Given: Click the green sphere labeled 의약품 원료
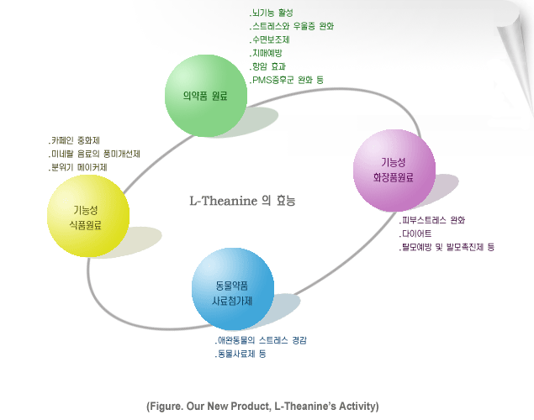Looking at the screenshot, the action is tap(206, 96).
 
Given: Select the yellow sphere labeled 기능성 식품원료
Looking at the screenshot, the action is tap(88, 216).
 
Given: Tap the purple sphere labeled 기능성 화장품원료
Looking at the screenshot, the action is tap(394, 171).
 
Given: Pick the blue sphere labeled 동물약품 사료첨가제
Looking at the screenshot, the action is tap(233, 289).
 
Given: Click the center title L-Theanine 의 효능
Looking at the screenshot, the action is tap(242, 201).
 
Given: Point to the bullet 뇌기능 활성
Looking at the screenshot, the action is tap(271, 13).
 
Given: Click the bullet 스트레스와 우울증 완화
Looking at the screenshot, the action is tap(292, 26).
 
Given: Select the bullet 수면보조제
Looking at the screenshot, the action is tap(269, 39).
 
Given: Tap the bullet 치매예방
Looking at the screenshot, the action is tap(266, 53).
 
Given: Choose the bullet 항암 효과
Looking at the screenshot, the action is tap(267, 66).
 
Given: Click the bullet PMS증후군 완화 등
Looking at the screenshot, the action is tap(287, 80).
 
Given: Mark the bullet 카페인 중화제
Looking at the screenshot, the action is tap(74, 140).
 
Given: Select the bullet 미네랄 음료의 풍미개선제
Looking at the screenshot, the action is tap(94, 154).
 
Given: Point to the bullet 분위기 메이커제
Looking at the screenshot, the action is tap(77, 167).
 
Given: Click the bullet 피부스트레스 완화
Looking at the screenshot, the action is tap(432, 220).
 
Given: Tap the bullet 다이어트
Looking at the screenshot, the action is tap(415, 234).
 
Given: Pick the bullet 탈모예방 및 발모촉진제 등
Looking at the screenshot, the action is tap(447, 247).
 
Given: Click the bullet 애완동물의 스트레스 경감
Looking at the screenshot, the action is tap(261, 340).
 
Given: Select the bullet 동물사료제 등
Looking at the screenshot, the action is tap(241, 354).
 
